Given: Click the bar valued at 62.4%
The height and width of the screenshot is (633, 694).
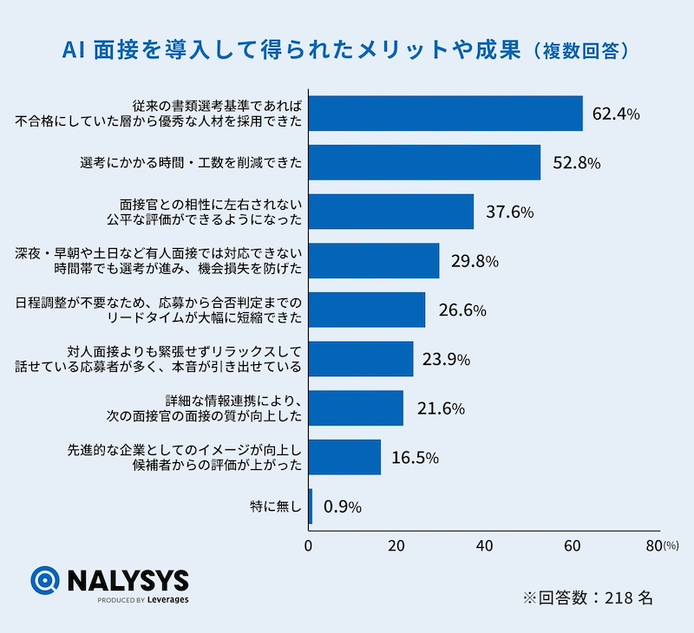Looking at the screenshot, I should pyautogui.click(x=445, y=114).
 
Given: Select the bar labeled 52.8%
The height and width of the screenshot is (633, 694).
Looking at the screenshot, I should pyautogui.click(x=424, y=162).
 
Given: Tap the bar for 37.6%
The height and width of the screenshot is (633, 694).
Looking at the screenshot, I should pyautogui.click(x=391, y=212).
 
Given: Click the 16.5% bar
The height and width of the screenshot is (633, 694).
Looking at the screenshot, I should pyautogui.click(x=344, y=457).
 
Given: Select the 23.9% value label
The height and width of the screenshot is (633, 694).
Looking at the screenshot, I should pyautogui.click(x=447, y=359).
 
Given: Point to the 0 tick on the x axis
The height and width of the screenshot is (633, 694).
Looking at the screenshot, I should pyautogui.click(x=309, y=546).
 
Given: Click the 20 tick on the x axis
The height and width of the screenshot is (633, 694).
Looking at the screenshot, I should pyautogui.click(x=396, y=546).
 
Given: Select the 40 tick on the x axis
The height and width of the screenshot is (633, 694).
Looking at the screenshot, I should pyautogui.click(x=484, y=546).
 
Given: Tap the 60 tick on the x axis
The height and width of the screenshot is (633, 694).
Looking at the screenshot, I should pyautogui.click(x=572, y=546).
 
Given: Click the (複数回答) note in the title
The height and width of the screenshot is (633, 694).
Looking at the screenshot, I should pyautogui.click(x=579, y=51).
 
